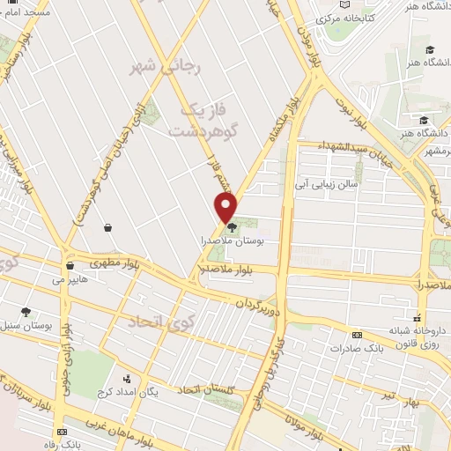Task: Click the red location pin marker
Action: [x=226, y=207]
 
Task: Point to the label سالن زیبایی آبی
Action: [x=327, y=185]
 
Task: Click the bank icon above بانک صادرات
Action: [x=357, y=335]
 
